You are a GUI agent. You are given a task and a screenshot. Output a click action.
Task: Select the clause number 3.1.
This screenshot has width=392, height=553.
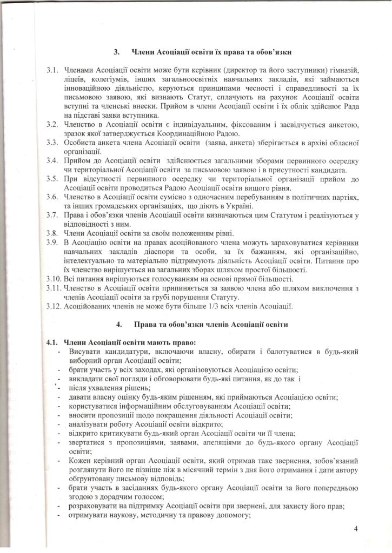[52, 71]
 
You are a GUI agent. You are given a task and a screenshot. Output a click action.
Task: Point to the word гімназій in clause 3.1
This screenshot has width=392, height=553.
[342, 71]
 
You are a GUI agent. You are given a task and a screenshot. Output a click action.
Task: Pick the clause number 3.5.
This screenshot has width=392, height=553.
[52, 179]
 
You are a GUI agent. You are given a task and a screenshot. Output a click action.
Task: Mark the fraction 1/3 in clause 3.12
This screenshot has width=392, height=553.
[234, 306]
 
